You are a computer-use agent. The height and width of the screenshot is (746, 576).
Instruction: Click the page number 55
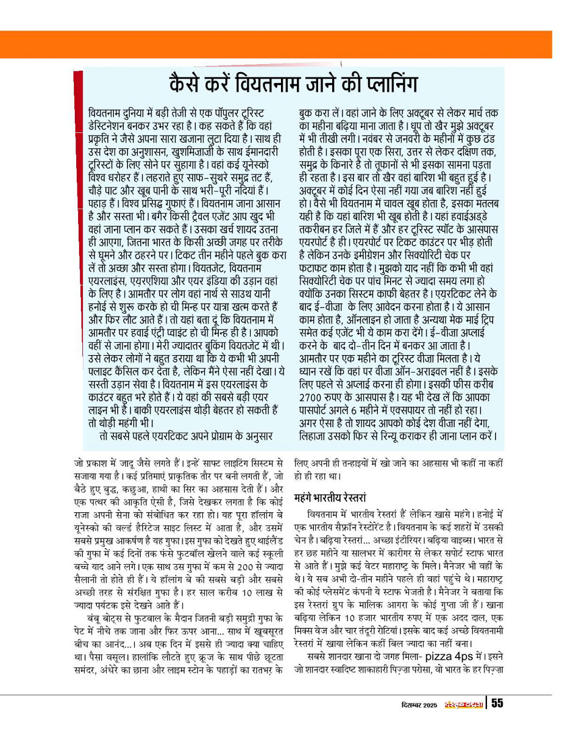[497, 703]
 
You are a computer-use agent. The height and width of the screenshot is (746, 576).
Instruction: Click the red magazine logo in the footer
[464, 704]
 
